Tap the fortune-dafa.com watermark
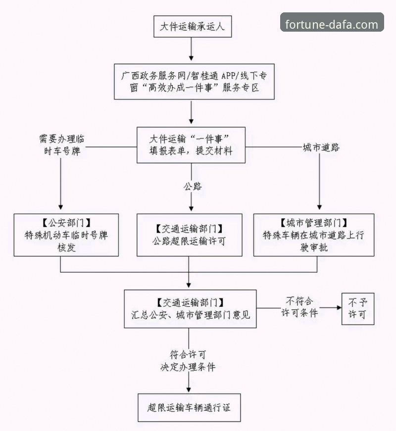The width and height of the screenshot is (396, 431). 332,23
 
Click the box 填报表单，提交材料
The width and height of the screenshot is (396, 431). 191,145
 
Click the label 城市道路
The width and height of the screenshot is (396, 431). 321,147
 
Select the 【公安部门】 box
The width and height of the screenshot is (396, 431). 66,235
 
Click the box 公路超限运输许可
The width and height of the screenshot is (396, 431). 190,235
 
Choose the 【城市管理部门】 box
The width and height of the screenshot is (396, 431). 313,235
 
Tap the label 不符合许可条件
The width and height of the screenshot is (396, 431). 299,307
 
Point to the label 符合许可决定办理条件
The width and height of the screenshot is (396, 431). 188,361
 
